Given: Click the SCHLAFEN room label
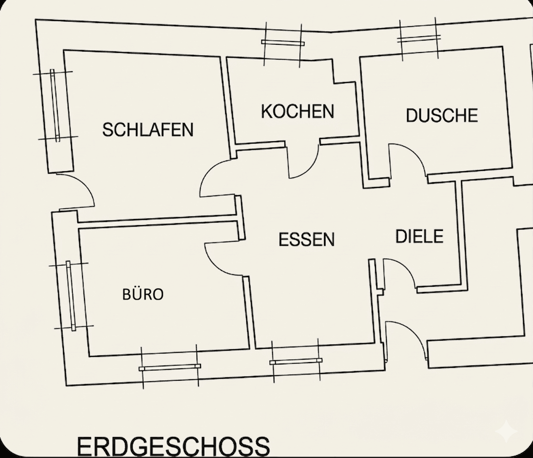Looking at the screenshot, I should [x=148, y=130].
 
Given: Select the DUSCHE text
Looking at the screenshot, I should [x=441, y=115].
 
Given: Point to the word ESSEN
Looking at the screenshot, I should [x=306, y=239].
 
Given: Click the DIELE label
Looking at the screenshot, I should [x=419, y=236].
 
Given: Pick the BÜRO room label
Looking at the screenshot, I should [x=143, y=295].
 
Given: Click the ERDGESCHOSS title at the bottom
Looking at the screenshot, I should [x=173, y=446].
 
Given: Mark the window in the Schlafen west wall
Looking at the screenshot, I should [x=55, y=105].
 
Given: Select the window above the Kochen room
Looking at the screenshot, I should [x=282, y=43].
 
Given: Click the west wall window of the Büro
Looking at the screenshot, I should [x=71, y=296].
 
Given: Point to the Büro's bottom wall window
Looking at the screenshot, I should [x=169, y=367].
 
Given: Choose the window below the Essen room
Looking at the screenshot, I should [x=296, y=361].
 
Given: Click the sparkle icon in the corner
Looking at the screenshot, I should [x=506, y=432].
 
